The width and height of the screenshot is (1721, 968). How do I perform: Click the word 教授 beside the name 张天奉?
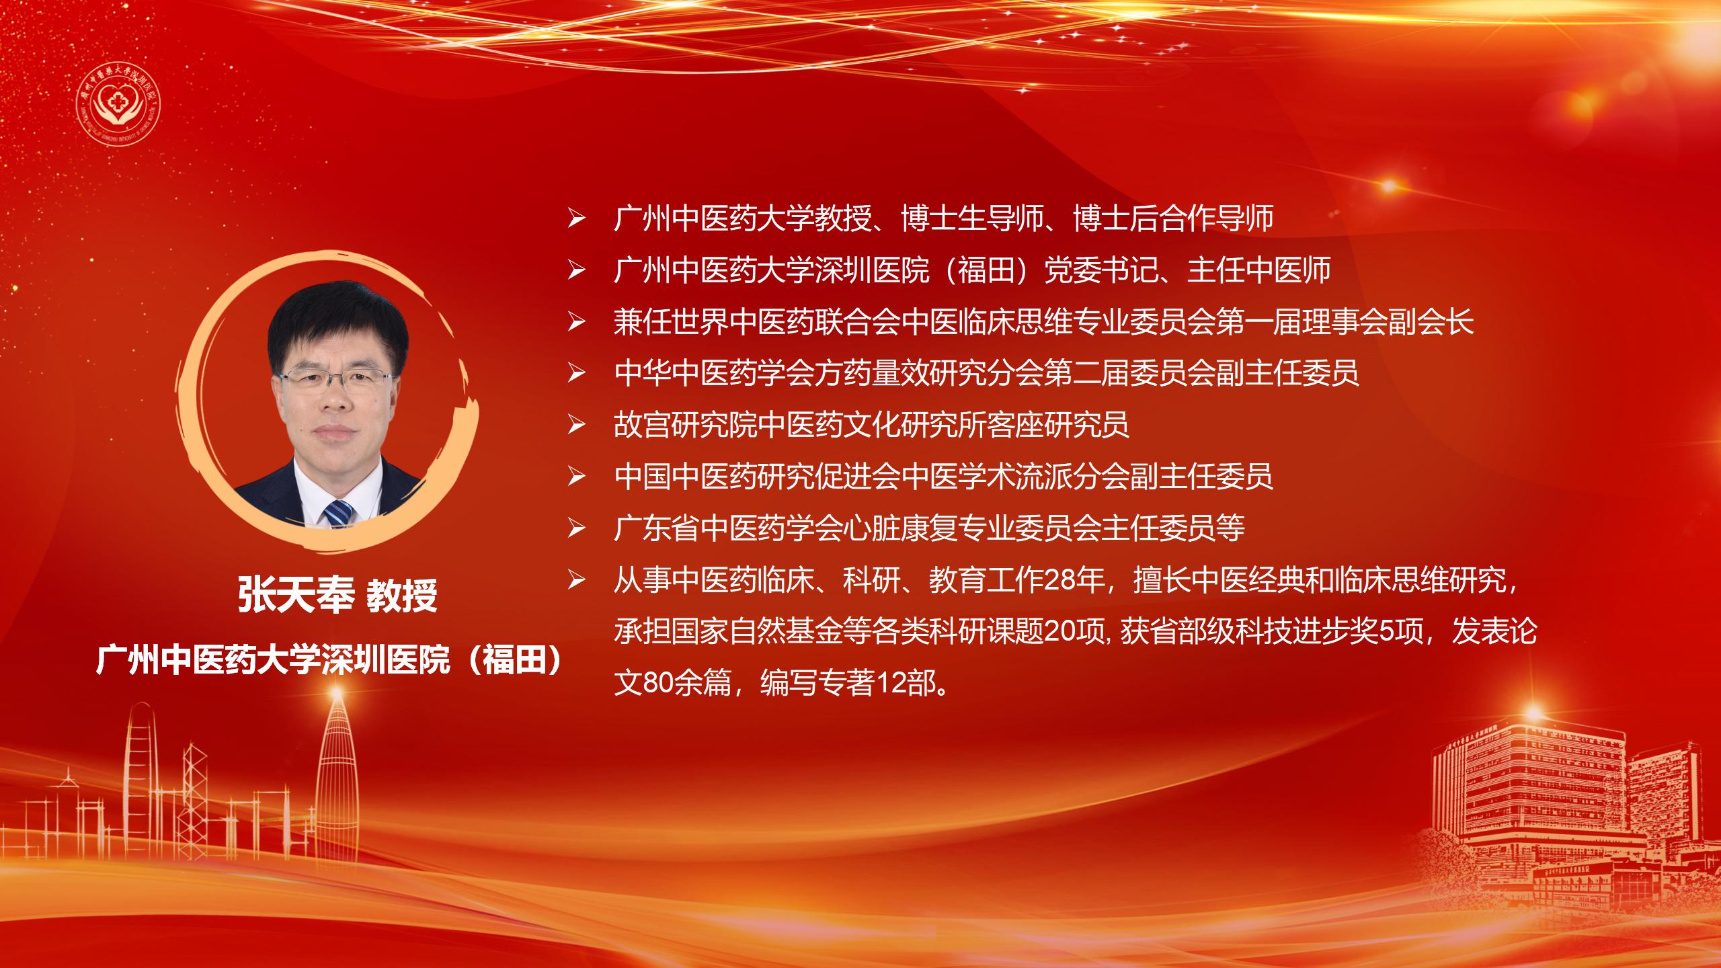point(401,595)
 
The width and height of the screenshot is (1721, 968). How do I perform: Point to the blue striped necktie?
point(338,514)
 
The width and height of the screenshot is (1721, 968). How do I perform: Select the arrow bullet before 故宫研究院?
point(576,425)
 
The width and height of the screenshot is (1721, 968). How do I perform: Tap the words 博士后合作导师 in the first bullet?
point(1174,218)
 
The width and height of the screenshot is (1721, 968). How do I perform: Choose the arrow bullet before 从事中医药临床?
point(576,581)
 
